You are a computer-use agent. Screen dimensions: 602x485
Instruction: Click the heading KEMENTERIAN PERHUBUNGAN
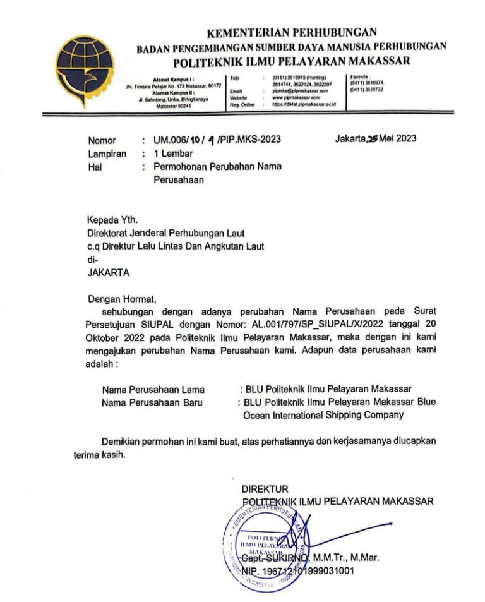click(x=292, y=32)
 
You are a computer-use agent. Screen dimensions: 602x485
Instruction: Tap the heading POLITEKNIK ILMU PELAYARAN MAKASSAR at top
click(x=292, y=61)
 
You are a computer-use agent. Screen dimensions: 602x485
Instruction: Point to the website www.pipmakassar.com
click(x=296, y=98)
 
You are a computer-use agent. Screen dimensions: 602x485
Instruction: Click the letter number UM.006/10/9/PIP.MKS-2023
click(x=212, y=140)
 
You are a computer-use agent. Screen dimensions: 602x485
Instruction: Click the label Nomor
click(x=102, y=140)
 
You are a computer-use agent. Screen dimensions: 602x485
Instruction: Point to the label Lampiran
click(x=107, y=154)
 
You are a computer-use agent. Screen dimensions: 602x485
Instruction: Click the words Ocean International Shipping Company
click(x=323, y=416)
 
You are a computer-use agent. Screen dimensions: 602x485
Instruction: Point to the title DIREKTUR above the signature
click(x=265, y=489)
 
